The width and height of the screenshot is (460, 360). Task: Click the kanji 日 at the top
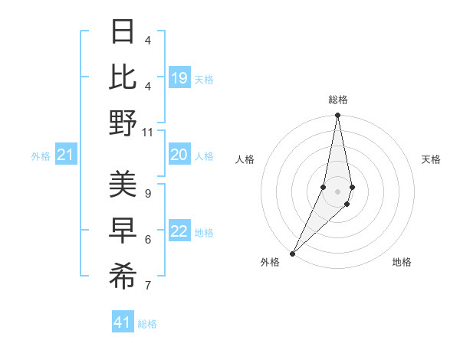pyautogui.click(x=123, y=32)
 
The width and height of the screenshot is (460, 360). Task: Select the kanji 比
pyautogui.click(x=123, y=77)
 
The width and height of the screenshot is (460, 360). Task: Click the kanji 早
pyautogui.click(x=123, y=230)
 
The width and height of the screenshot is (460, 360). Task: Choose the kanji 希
pyautogui.click(x=123, y=276)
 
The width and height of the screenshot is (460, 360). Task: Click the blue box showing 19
pyautogui.click(x=179, y=78)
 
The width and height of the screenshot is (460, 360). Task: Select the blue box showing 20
pyautogui.click(x=179, y=155)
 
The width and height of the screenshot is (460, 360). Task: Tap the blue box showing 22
pyautogui.click(x=179, y=231)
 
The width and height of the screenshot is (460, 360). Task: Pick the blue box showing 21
pyautogui.click(x=65, y=155)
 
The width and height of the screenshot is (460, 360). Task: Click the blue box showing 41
pyautogui.click(x=123, y=322)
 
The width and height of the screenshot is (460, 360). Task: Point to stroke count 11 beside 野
pyautogui.click(x=148, y=133)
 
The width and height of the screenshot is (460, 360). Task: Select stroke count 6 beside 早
pyautogui.click(x=147, y=240)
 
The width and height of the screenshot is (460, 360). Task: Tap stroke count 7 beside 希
pyautogui.click(x=147, y=286)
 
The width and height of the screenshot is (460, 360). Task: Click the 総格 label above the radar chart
pyautogui.click(x=337, y=100)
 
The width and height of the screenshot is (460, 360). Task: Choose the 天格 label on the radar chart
pyautogui.click(x=431, y=159)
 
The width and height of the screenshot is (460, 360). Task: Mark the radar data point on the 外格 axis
pyautogui.click(x=292, y=254)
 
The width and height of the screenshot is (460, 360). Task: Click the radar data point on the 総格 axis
pyautogui.click(x=337, y=116)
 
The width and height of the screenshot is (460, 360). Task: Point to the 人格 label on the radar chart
pyautogui.click(x=245, y=159)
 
